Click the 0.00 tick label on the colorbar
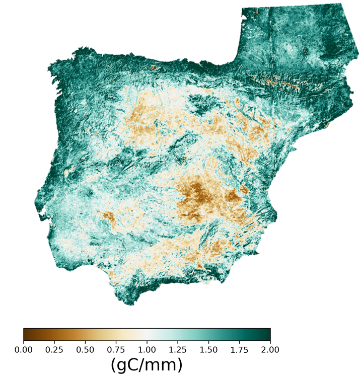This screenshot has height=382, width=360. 23,349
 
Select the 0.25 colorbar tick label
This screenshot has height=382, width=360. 54,349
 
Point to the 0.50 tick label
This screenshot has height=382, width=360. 85,349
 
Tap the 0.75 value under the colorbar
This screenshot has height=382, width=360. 116,349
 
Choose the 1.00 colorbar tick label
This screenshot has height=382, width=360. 147,349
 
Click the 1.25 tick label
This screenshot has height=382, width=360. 178,349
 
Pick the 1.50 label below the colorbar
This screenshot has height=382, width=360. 208,349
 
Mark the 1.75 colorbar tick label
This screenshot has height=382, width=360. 239,349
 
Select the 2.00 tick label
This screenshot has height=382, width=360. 270,349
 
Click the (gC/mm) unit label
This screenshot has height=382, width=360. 147,365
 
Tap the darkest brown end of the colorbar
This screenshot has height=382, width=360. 25,335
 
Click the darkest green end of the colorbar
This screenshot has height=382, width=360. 268,335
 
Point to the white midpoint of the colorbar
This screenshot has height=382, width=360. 147,335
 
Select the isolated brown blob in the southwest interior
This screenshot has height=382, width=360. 108,218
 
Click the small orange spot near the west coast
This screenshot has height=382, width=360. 66,173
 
